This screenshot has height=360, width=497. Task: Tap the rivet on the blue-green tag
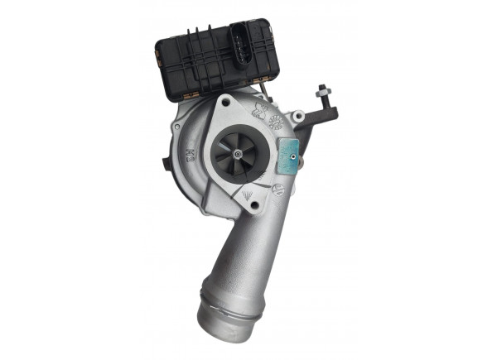292,151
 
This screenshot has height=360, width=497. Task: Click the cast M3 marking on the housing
190,153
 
